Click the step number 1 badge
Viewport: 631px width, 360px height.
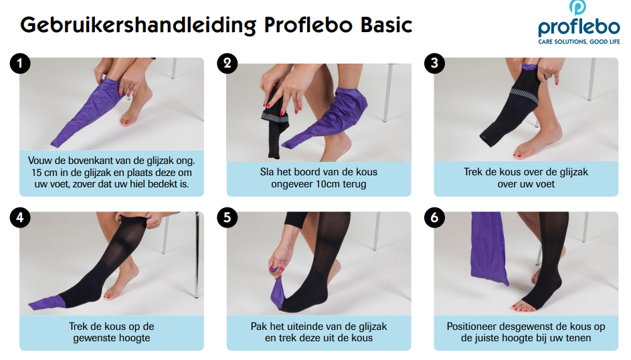19,63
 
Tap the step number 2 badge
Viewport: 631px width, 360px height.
227,63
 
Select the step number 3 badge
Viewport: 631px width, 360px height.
434,63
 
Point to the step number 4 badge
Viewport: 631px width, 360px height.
19,217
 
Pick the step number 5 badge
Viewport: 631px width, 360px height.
227,217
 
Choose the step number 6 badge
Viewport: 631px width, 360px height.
434,217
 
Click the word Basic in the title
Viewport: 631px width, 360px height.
386,25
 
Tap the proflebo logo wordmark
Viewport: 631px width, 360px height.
579,27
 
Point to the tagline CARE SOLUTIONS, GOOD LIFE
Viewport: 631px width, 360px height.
579,42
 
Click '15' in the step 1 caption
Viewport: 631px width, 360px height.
36,173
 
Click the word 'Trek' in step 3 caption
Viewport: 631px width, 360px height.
473,172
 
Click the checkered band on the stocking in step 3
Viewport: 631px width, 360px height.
525,95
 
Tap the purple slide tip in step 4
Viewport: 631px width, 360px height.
45,302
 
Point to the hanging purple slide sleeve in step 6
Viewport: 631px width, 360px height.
488,248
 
